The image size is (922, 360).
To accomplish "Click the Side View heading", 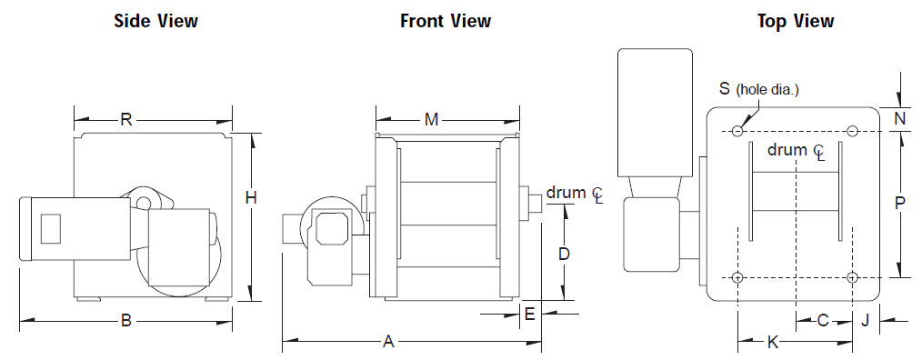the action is click(x=155, y=21).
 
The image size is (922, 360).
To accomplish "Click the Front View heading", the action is click(x=446, y=21).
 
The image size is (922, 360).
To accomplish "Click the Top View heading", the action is click(x=796, y=21).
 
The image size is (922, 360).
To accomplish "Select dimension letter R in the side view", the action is click(x=125, y=120).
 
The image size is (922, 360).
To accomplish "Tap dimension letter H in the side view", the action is click(x=251, y=199).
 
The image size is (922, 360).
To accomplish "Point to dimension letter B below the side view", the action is click(x=125, y=321).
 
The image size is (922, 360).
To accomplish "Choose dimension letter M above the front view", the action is click(x=432, y=120).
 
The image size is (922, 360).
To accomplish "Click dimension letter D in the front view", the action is click(x=565, y=255).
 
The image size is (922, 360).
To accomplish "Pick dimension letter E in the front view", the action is click(x=529, y=315).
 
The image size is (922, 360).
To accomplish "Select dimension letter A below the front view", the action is click(x=388, y=341).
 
